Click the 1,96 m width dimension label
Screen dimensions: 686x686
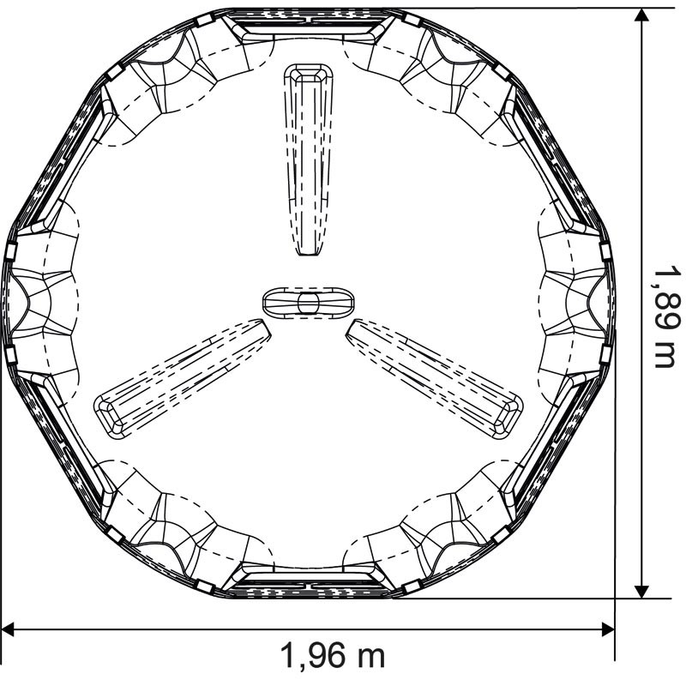[333, 655]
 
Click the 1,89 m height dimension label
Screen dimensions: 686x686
[667, 318]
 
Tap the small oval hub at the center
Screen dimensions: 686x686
[309, 303]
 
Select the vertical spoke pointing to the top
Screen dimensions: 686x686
[309, 159]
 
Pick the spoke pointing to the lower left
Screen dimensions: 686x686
[183, 378]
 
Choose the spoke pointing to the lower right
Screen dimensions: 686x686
[435, 378]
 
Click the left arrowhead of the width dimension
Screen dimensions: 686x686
[8, 629]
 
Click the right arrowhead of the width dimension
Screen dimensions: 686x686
[608, 629]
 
